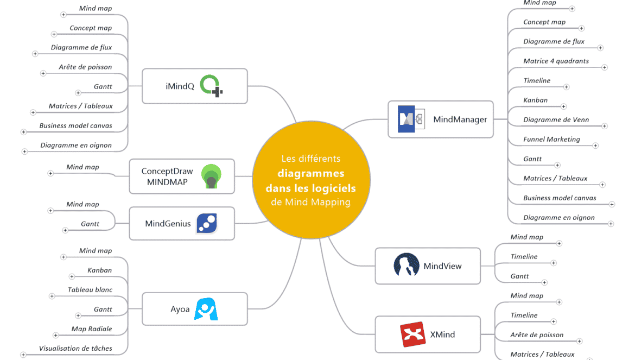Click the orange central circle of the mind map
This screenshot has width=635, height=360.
coord(310,180)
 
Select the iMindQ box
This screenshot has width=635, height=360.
coord(194,86)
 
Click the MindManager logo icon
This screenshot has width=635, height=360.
coord(407,119)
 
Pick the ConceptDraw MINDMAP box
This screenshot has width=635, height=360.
coord(181,176)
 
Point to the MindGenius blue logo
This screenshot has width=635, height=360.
coord(207,223)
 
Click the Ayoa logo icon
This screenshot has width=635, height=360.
coord(206,309)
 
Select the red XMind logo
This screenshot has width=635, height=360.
coord(412,334)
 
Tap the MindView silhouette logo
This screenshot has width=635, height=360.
coord(406,266)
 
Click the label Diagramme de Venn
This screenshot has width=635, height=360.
coord(556,119)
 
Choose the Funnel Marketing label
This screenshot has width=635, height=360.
coord(551,139)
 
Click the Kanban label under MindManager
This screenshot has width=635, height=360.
coord(535,100)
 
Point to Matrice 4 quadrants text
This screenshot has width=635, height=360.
coord(556,61)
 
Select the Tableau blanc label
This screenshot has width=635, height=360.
coord(90,289)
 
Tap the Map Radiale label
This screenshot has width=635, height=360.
coord(92,329)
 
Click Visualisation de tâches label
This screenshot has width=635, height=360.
coord(75,348)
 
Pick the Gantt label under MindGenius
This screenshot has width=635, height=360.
coord(90,224)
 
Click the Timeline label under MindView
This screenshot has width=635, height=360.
coord(524,256)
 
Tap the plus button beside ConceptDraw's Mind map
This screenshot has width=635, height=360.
coord(50,173)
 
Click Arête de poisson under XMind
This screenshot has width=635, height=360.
coord(537,334)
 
